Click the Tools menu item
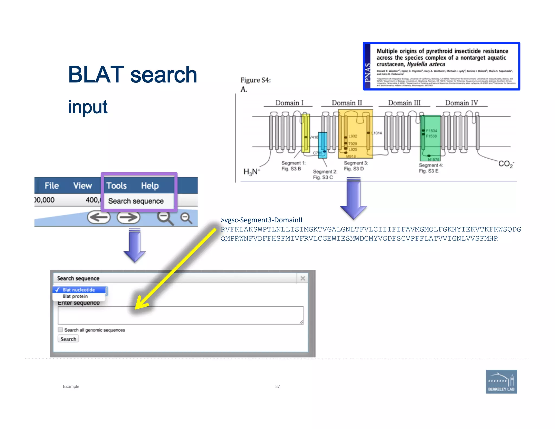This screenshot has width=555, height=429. click(x=117, y=186)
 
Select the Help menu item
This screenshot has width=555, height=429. click(x=150, y=186)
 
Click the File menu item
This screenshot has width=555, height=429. click(x=51, y=186)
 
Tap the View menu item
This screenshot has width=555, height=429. click(x=82, y=186)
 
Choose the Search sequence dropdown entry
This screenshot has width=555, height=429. click(x=136, y=201)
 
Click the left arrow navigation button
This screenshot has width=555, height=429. click(x=99, y=217)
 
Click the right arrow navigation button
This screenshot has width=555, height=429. click(x=128, y=217)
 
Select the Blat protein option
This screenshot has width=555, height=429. click(x=75, y=296)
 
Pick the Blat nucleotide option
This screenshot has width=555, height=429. click(x=79, y=290)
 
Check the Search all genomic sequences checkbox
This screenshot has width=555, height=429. click(x=60, y=330)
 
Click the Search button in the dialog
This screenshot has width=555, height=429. click(x=68, y=339)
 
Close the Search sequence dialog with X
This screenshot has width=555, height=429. click(x=303, y=278)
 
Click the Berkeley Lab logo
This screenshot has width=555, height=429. click(x=501, y=382)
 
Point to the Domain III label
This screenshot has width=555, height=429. click(x=404, y=103)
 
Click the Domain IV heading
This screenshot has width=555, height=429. click(x=462, y=103)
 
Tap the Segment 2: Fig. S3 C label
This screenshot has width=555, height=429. click(x=325, y=174)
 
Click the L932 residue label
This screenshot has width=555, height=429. click(x=353, y=136)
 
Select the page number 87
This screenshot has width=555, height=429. click(x=277, y=386)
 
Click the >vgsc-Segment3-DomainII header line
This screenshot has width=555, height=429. click(x=261, y=220)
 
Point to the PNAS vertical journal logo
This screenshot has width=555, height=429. click(x=367, y=72)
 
